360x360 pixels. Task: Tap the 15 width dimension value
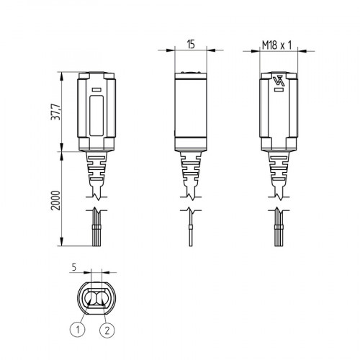(191, 44)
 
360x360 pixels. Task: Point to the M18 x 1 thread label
(279, 44)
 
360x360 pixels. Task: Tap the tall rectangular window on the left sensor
(94, 115)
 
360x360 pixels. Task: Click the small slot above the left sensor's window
(94, 90)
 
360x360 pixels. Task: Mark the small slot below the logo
(279, 101)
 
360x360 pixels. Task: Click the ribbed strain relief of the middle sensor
(191, 169)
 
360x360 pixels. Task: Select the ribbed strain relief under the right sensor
(279, 169)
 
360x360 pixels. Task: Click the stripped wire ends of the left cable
(94, 234)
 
